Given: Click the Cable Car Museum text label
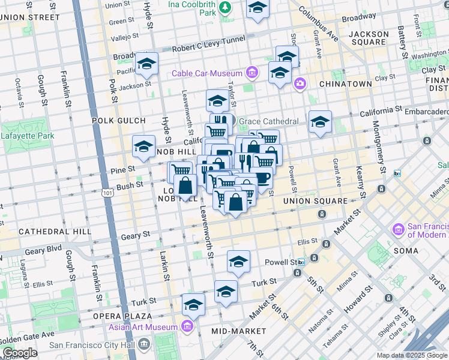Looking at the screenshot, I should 206,74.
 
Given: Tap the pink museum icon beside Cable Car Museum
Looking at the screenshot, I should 252,74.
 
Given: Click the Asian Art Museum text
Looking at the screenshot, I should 143,327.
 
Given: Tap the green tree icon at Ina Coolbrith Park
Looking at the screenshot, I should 224,8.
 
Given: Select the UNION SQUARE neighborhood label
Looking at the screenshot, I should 316,201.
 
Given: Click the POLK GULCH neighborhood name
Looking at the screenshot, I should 115,121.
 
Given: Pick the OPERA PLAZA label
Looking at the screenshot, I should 122,316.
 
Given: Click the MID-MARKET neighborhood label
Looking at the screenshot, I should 238,331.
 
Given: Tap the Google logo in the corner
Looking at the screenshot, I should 19,353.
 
